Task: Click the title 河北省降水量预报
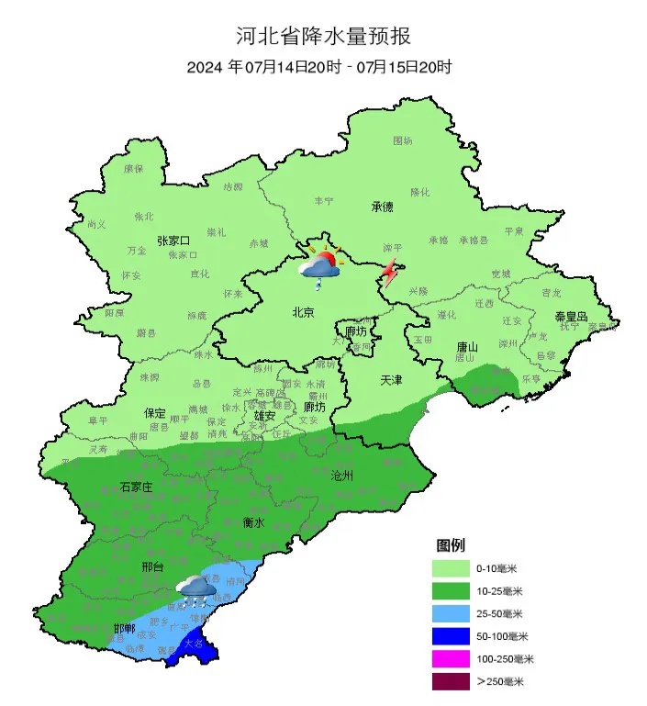(x=323, y=37)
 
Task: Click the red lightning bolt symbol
(x=390, y=273)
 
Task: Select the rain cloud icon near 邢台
(x=196, y=590)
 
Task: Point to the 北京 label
(x=303, y=312)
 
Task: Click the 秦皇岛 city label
(x=570, y=316)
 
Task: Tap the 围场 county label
(x=403, y=140)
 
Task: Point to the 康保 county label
(x=134, y=169)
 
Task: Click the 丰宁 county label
(x=324, y=200)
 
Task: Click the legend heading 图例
(x=451, y=545)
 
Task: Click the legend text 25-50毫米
(x=499, y=613)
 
